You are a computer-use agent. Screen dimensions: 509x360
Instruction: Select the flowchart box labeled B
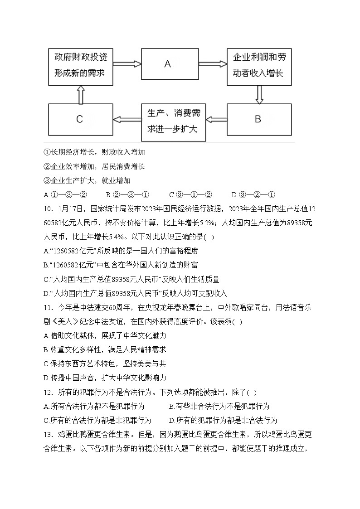click(259, 119)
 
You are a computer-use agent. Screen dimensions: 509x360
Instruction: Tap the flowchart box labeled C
click(80, 119)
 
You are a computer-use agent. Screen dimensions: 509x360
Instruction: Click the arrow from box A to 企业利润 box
click(213, 64)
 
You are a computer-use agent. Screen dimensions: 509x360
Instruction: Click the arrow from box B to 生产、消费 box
click(216, 119)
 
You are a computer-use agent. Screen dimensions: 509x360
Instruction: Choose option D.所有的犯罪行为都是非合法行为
click(223, 420)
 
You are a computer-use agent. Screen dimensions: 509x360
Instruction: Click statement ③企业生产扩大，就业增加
click(87, 180)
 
